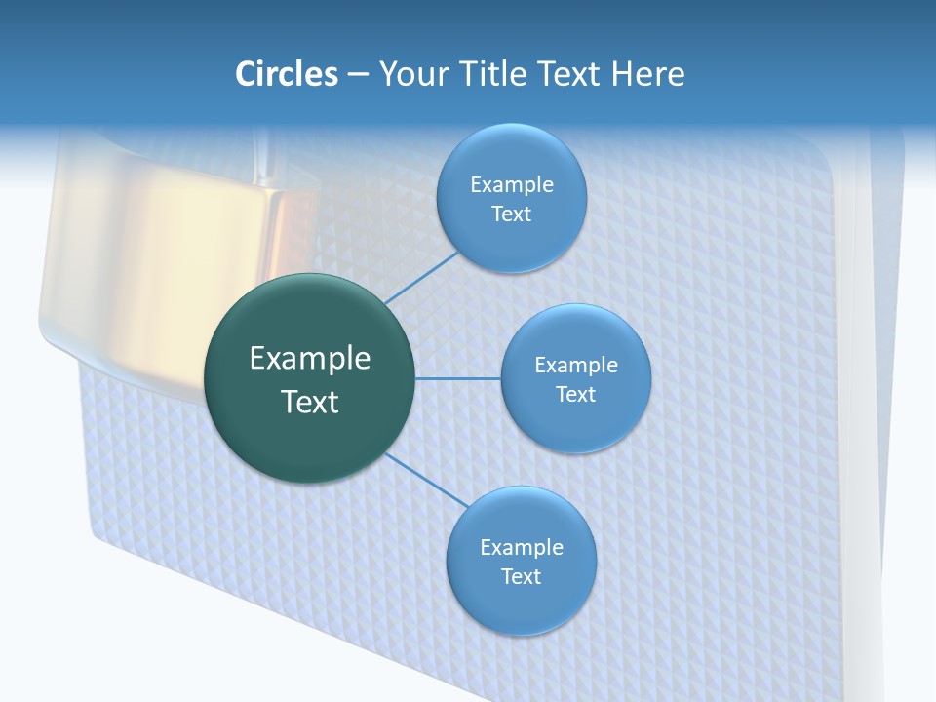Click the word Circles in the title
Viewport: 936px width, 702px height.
point(286,74)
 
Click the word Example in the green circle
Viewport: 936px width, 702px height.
point(310,358)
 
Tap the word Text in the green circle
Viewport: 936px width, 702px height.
point(310,402)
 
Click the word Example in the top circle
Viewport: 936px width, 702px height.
point(512,184)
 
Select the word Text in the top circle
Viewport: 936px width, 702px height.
point(512,214)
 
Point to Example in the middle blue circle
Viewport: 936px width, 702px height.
point(575,365)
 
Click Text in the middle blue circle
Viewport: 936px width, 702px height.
point(575,394)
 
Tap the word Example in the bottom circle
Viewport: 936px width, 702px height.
point(521,547)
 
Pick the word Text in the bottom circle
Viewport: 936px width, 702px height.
point(521,576)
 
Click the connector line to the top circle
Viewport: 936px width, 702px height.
point(421,278)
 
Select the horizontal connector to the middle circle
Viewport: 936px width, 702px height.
point(458,378)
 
